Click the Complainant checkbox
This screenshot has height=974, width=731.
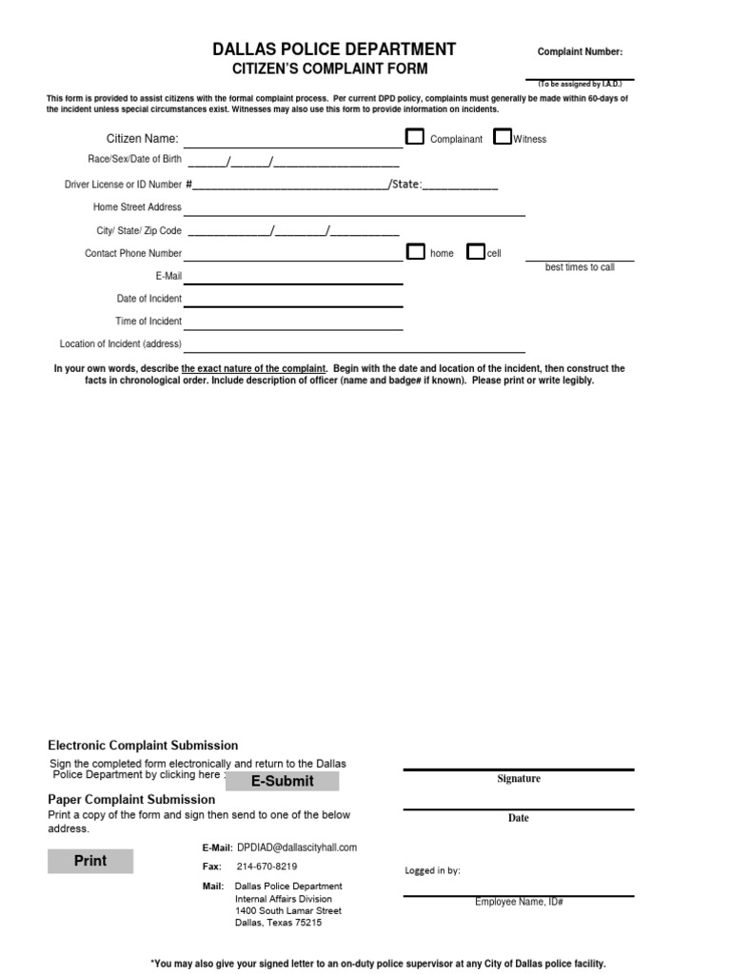coord(415,137)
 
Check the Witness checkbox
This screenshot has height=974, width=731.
coord(503,137)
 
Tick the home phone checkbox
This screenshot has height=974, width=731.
coord(416,252)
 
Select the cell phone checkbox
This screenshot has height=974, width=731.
coord(476,252)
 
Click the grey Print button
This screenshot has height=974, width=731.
coord(91,861)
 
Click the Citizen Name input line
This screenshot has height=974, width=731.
coord(293,141)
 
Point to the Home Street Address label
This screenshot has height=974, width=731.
coord(137,207)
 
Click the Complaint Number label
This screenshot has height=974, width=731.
coord(581,52)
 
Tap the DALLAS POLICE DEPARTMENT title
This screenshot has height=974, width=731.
coord(334,49)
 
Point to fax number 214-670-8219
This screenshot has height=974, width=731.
coord(267,867)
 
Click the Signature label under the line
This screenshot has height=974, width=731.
coord(519,779)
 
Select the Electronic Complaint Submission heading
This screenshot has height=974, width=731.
coord(143,746)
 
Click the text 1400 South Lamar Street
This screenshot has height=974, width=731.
coord(288,910)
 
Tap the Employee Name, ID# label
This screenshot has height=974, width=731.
coord(519,902)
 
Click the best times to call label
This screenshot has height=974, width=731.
coord(580,267)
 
